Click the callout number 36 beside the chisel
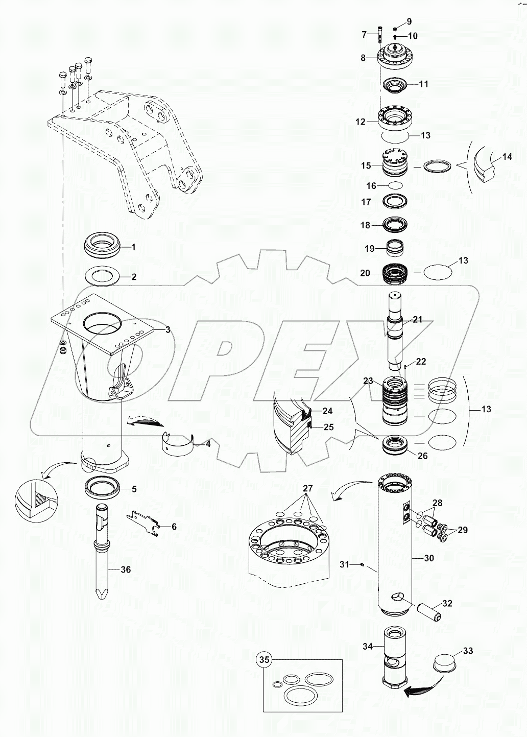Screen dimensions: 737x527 click(126, 569)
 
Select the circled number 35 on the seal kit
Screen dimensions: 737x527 click(264, 660)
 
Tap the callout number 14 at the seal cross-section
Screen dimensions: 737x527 click(507, 157)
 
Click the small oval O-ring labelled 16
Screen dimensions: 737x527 click(396, 186)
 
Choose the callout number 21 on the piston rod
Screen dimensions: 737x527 click(418, 320)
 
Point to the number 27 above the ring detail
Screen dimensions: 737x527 click(307, 488)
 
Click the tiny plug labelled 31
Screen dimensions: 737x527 click(362, 564)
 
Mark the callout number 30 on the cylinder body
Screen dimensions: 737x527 click(429, 558)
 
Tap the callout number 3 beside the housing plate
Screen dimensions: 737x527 click(167, 330)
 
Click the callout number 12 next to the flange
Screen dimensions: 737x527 click(361, 122)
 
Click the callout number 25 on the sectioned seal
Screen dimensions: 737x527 click(329, 427)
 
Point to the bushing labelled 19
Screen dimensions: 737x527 click(396, 248)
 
